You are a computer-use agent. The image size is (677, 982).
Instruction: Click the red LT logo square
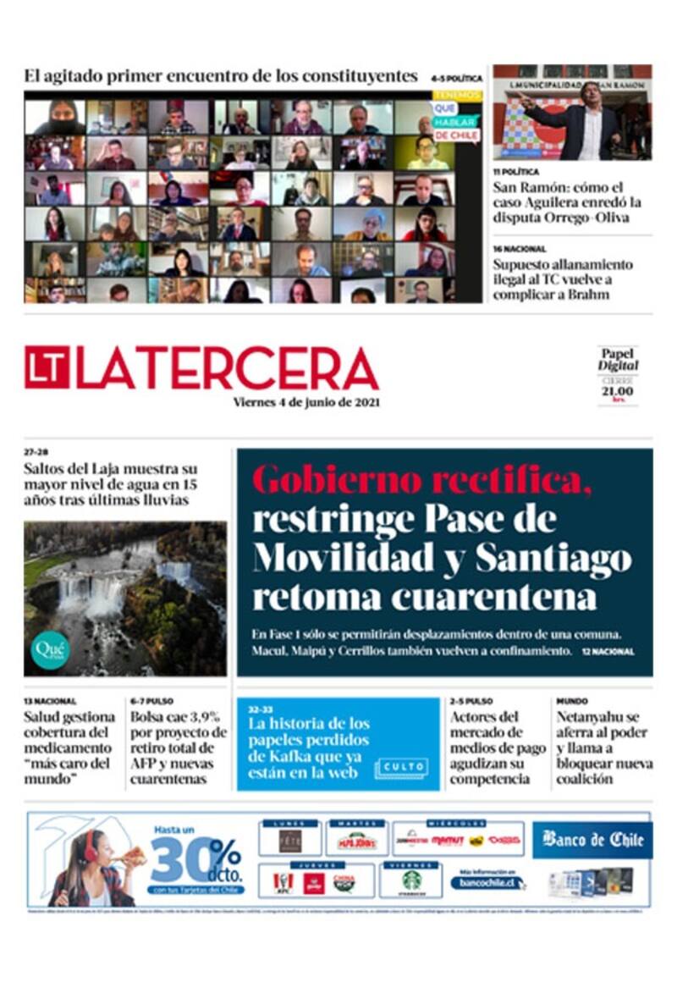(47, 367)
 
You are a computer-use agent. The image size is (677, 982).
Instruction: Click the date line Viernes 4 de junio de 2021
(306, 403)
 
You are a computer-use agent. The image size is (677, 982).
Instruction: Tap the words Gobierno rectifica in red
(421, 481)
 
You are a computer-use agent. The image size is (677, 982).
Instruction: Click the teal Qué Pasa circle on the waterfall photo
(49, 650)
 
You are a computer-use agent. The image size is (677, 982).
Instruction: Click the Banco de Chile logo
(592, 840)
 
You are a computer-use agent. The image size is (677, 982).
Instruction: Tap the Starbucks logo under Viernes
(411, 880)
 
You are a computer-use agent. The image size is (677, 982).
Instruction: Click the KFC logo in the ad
(283, 882)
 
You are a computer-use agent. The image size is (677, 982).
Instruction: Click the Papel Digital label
(618, 360)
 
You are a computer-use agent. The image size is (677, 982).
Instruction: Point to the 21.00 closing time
(618, 390)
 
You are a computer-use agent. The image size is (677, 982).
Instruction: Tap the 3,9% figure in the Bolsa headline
(202, 717)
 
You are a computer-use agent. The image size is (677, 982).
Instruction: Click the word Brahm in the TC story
(590, 295)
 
